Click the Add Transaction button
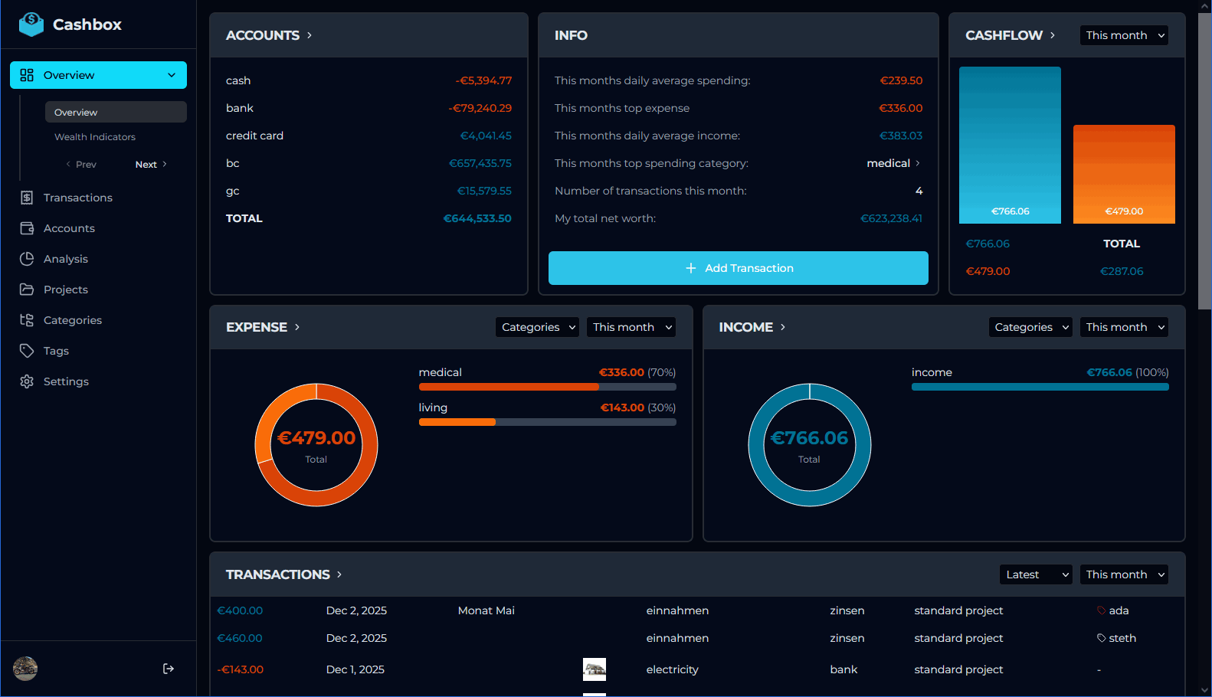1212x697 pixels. pos(738,268)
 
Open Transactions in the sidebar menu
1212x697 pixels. pos(77,198)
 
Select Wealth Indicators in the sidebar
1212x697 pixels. pos(95,137)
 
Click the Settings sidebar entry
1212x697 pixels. pos(66,381)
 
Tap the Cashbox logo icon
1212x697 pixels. pos(31,25)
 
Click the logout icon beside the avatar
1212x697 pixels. pos(169,669)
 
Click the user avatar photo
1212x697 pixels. pos(25,669)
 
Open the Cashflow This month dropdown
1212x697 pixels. pos(1124,35)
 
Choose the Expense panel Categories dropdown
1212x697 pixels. pos(537,327)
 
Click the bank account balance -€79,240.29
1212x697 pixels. pos(480,108)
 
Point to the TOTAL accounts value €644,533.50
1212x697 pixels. pos(477,218)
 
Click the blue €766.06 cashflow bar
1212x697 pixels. pos(1010,146)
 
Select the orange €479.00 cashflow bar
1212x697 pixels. pos(1124,175)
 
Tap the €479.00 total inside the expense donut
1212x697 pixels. pos(316,438)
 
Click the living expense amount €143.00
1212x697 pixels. pos(622,407)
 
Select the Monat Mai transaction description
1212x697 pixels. pos(486,610)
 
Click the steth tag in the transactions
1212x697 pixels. pos(1122,638)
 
